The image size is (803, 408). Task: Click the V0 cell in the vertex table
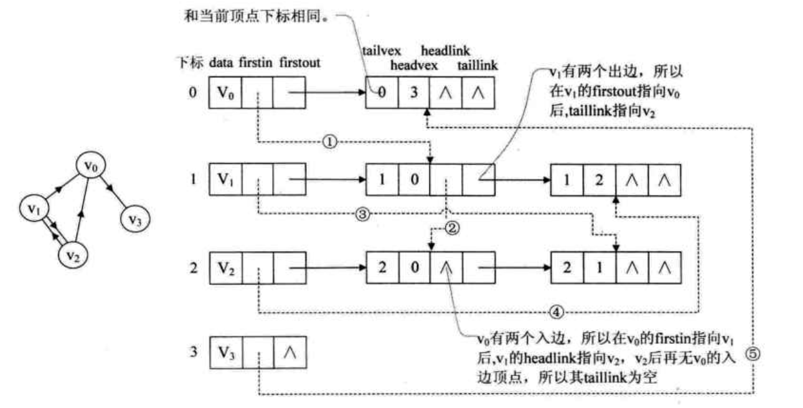[224, 93]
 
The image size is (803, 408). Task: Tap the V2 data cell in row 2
[224, 269]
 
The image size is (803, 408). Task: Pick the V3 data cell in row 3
[224, 353]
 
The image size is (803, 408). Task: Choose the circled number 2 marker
[453, 229]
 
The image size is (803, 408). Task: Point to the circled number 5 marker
[753, 354]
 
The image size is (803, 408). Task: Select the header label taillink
[477, 65]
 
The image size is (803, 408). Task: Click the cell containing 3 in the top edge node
[414, 93]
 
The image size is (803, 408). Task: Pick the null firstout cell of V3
[289, 353]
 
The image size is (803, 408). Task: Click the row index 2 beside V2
[193, 269]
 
